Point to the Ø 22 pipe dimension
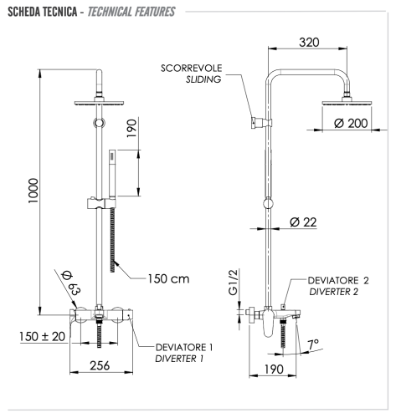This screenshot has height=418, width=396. click(306, 222)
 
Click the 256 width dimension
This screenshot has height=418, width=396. click(102, 364)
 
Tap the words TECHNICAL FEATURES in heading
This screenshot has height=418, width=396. click(145, 13)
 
